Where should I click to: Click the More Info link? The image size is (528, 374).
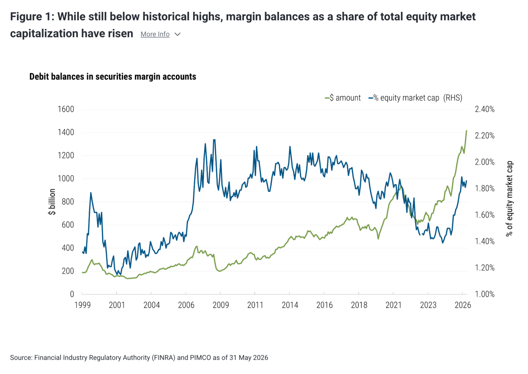click(x=155, y=34)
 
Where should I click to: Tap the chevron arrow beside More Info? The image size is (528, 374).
click(x=178, y=35)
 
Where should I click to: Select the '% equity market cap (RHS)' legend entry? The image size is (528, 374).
click(x=415, y=98)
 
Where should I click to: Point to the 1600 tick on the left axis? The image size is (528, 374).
click(x=66, y=109)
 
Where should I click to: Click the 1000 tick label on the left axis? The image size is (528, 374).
click(x=66, y=179)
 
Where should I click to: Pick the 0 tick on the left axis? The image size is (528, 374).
click(x=72, y=294)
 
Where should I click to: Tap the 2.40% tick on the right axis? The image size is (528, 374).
click(x=485, y=109)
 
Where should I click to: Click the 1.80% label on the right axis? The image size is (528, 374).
click(x=485, y=188)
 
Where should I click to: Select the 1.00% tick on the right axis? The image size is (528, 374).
click(x=485, y=294)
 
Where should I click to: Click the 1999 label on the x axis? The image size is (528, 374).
click(x=83, y=305)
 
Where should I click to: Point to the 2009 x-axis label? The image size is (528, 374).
click(x=221, y=305)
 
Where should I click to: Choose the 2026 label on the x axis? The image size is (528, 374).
click(x=463, y=305)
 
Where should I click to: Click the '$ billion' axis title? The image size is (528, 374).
click(x=52, y=202)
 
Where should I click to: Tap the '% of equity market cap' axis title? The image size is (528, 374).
click(x=509, y=199)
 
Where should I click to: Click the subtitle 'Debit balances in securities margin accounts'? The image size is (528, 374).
click(x=113, y=77)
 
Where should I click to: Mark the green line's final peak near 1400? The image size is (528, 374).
click(x=466, y=130)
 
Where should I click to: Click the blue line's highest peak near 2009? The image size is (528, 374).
click(x=214, y=140)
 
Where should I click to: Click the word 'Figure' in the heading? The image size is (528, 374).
click(x=26, y=17)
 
